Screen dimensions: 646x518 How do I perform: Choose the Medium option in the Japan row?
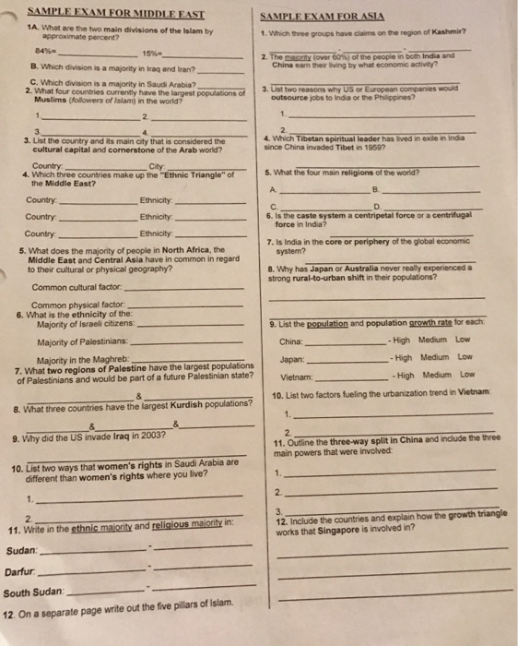433,356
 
